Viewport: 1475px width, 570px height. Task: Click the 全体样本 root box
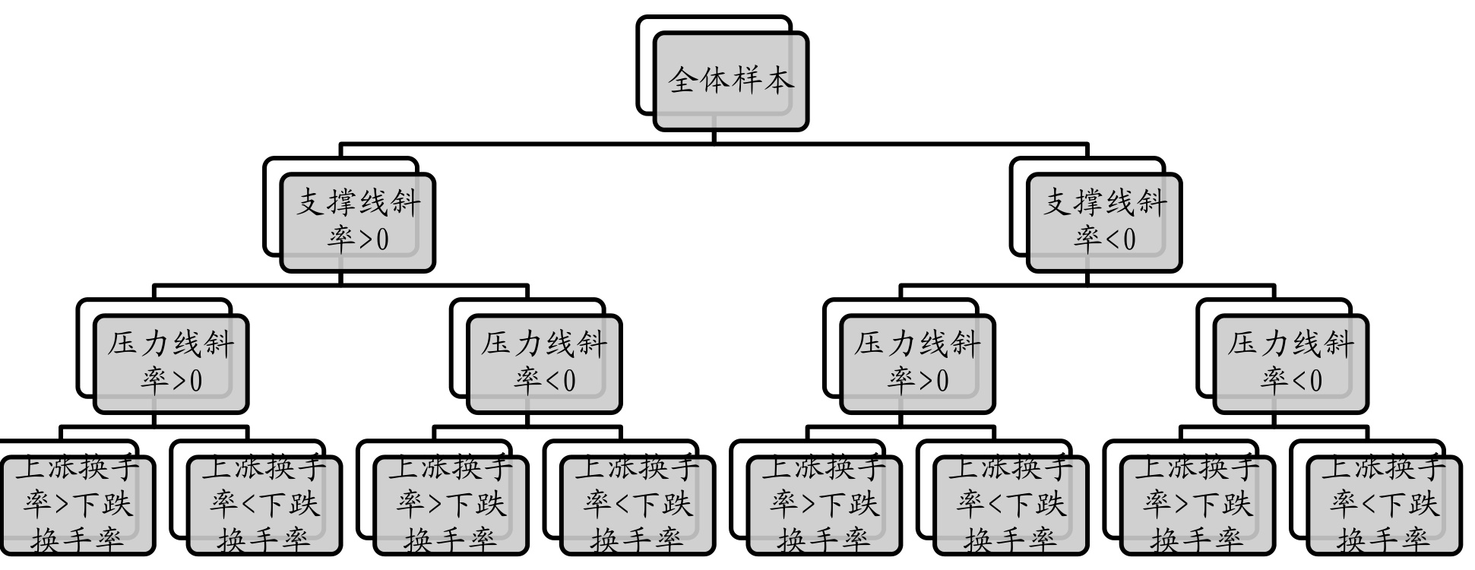tap(730, 81)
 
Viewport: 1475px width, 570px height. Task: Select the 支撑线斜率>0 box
tap(357, 222)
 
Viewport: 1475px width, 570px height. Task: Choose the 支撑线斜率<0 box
tap(1104, 222)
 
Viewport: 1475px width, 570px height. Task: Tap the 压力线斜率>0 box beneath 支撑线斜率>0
tap(171, 363)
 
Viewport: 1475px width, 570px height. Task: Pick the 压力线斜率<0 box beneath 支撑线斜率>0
tap(544, 363)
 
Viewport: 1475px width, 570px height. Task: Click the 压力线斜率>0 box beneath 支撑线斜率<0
tap(917, 363)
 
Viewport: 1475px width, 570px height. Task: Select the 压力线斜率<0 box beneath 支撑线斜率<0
tap(1290, 363)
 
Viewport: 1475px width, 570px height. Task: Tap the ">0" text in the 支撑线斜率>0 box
tap(372, 239)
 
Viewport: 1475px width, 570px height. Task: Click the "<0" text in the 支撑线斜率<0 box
tap(1119, 239)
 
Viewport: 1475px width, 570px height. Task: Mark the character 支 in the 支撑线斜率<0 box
tap(1058, 203)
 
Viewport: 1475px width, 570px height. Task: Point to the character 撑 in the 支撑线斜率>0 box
tap(342, 203)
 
